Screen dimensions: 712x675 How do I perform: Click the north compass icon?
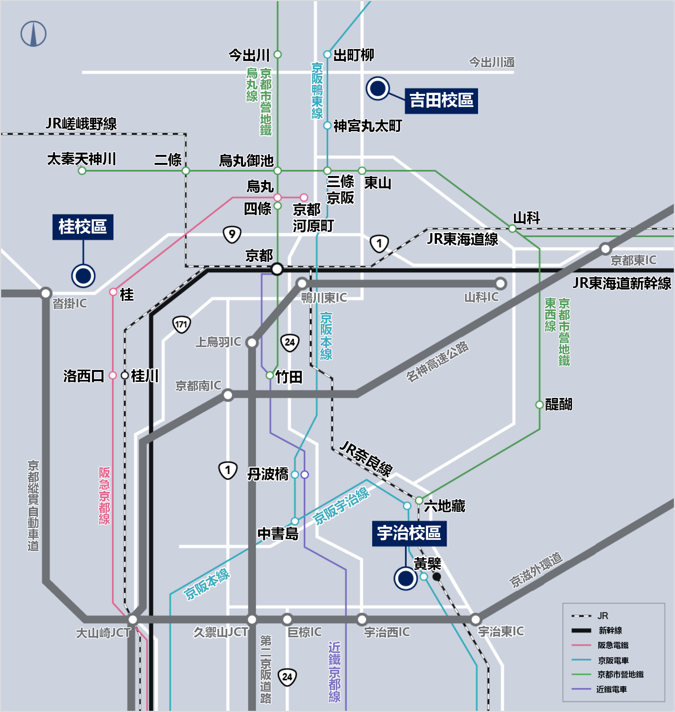pos(33,34)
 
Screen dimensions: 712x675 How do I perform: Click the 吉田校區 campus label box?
pos(441,100)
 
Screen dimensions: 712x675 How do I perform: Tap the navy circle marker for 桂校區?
pos(83,276)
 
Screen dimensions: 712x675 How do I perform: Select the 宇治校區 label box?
pos(409,533)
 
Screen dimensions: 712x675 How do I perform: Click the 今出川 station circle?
pos(278,54)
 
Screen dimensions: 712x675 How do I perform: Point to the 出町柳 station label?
pos(353,55)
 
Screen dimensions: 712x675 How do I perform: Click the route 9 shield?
pos(232,234)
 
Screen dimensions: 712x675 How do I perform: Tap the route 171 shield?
pos(181,325)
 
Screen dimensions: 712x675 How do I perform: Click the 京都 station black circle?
pos(277,269)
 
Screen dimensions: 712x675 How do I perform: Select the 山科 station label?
pos(526,218)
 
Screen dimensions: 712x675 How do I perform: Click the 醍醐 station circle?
pos(539,405)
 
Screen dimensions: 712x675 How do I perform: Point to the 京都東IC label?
pos(633,260)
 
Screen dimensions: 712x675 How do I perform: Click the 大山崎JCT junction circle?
pos(133,619)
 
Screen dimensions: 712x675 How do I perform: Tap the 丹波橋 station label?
pos(268,474)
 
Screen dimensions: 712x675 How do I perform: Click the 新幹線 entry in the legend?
pos(610,630)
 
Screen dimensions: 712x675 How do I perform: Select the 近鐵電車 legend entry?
pos(611,689)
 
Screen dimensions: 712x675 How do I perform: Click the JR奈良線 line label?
pos(366,458)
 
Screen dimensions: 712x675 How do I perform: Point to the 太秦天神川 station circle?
pos(82,171)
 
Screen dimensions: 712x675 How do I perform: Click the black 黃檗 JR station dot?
pos(437,576)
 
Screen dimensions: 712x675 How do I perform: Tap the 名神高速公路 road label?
pos(437,361)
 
